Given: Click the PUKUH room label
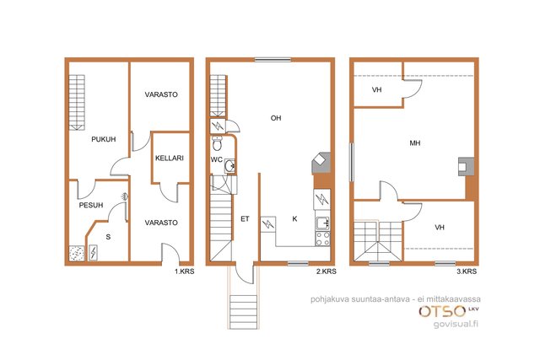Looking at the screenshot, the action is click(103, 139).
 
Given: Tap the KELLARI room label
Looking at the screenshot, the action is click(169, 159).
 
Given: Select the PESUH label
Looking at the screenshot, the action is click(91, 206).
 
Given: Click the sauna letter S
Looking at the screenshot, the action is click(108, 237).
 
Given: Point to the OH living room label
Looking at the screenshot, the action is click(276, 118).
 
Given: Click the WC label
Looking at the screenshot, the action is click(216, 160).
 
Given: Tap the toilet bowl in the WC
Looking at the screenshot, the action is click(217, 143).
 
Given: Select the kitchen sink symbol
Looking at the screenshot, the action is click(322, 223).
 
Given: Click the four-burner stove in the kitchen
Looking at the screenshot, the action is click(322, 239).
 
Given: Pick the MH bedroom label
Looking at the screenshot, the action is click(414, 143).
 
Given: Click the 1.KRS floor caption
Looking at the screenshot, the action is click(184, 271).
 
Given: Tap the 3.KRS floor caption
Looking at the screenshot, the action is click(467, 271).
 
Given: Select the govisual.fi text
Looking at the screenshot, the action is click(456, 324).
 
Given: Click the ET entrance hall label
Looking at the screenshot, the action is click(245, 219).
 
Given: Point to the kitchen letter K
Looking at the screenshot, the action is click(294, 219).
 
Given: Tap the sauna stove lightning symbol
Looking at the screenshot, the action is click(93, 252).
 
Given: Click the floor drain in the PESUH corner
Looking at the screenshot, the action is click(77, 254).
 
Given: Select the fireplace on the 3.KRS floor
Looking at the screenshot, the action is click(466, 167).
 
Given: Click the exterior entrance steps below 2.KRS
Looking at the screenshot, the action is click(243, 311).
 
